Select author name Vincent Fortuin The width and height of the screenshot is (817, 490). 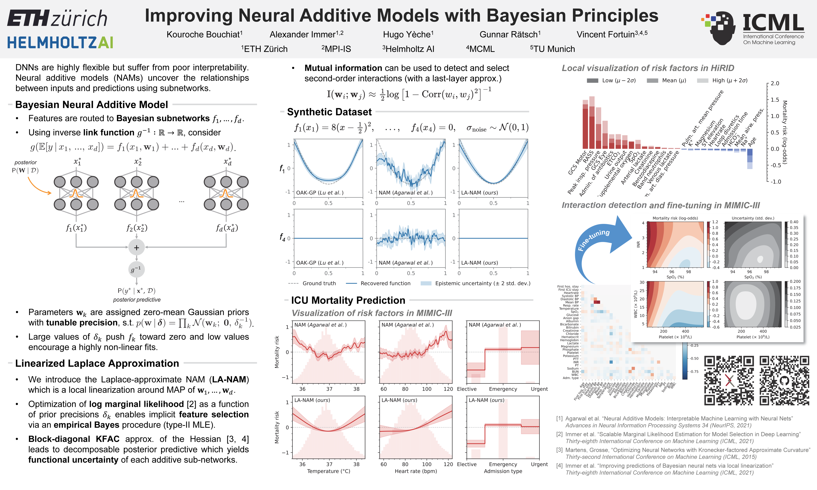click(x=612, y=34)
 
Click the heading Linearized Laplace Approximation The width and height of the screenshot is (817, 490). click(x=97, y=363)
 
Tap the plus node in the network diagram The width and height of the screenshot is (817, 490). click(x=136, y=248)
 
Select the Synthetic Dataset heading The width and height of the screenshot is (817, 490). click(x=329, y=112)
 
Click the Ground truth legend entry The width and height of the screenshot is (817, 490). click(x=312, y=283)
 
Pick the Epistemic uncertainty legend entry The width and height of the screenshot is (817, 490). click(x=475, y=283)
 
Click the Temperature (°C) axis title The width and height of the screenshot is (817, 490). click(x=329, y=471)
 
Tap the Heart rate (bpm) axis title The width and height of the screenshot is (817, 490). click(x=416, y=471)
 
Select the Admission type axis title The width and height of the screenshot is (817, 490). click(x=503, y=471)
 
